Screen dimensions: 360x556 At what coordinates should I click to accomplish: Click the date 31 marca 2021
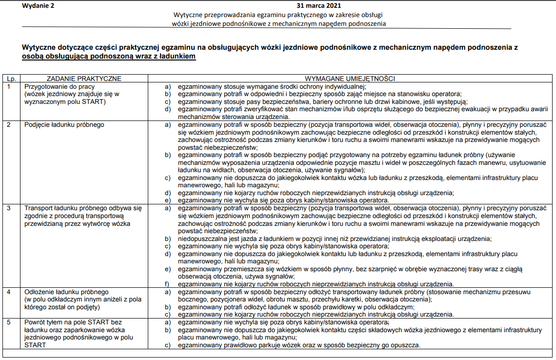pyautogui.click(x=319, y=6)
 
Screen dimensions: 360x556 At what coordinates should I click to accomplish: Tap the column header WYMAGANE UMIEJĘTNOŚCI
pyautogui.click(x=350, y=79)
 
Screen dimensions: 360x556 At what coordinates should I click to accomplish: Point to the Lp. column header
pyautogui.click(x=10, y=79)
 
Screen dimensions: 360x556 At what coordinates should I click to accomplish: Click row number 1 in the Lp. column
pyautogui.click(x=9, y=86)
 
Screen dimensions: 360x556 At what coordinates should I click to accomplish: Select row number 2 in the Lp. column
pyautogui.click(x=9, y=125)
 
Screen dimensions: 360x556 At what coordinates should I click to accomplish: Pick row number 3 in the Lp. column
pyautogui.click(x=9, y=208)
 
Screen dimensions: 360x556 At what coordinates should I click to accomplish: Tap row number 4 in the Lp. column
pyautogui.click(x=9, y=292)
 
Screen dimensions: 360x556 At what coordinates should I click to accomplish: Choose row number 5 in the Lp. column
pyautogui.click(x=9, y=322)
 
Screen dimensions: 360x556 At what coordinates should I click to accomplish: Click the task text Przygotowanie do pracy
pyautogui.click(x=59, y=86)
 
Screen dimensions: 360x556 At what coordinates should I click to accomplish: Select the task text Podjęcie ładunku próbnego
pyautogui.click(x=64, y=125)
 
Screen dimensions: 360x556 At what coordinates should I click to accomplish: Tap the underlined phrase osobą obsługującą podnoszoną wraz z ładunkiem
pyautogui.click(x=109, y=57)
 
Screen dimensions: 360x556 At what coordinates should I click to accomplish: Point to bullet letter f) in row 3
pyautogui.click(x=167, y=284)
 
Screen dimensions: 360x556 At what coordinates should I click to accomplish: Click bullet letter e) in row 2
pyautogui.click(x=168, y=200)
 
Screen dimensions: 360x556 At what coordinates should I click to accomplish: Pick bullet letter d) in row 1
pyautogui.click(x=168, y=109)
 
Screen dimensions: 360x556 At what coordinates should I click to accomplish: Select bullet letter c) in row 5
pyautogui.click(x=168, y=345)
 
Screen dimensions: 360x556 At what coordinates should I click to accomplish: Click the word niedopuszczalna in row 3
pyautogui.click(x=201, y=239)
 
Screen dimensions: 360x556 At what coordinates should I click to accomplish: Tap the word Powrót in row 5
pyautogui.click(x=35, y=322)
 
